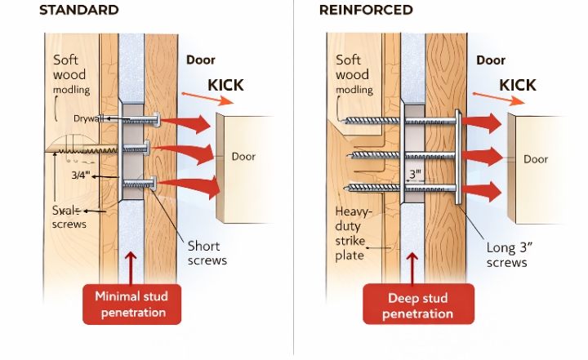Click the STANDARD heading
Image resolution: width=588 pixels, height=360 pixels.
79,11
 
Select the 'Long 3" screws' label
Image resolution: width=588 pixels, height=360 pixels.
506,255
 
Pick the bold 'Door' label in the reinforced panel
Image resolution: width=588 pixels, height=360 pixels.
491,60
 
